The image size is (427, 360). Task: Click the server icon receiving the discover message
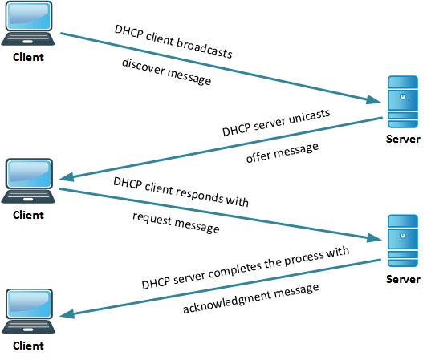click(x=401, y=103)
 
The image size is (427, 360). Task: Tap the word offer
click(x=262, y=155)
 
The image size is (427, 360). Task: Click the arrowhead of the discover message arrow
click(x=373, y=101)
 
